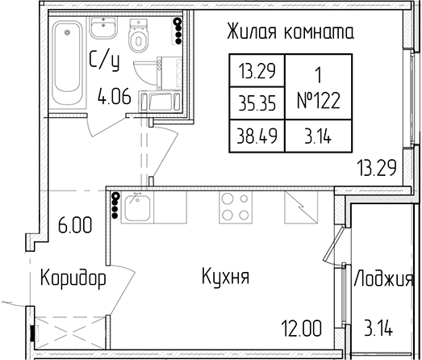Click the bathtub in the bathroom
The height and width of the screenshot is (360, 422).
(68, 63)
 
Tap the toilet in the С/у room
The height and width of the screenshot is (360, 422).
(139, 35)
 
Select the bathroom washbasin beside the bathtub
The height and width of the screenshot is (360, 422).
(102, 27)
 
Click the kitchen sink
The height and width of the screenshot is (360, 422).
(137, 207)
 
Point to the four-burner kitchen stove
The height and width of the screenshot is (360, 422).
(236, 207)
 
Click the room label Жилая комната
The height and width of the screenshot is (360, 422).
(290, 31)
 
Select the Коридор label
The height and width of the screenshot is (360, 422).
(73, 278)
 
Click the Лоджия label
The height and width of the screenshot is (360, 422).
(383, 278)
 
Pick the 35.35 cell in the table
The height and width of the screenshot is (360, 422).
(257, 103)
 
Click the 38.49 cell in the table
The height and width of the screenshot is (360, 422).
(257, 136)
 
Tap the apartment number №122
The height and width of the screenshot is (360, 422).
(319, 100)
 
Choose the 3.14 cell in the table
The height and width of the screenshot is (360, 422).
(318, 136)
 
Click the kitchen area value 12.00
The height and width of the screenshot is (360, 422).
(302, 329)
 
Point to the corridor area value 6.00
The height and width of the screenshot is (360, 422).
(75, 225)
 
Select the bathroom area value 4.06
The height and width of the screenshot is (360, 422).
(115, 96)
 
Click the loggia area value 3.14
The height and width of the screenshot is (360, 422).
(378, 328)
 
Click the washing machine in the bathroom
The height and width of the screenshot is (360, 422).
(169, 73)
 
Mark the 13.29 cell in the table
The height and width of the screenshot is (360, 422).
(257, 71)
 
